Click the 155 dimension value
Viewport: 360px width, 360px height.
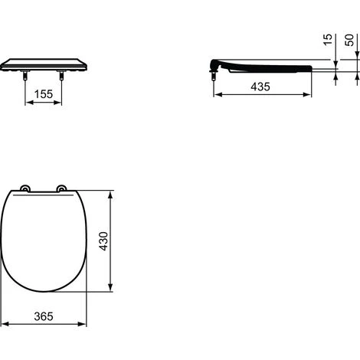pos(44,95)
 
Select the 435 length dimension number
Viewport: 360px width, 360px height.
pos(260,87)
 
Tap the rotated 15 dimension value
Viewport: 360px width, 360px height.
pos(327,40)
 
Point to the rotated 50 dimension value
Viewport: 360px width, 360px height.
pos(350,40)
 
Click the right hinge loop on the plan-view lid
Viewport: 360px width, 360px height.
pos(61,189)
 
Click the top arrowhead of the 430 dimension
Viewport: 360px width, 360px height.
pos(113,195)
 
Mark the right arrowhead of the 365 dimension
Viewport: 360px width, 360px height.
pos(83,324)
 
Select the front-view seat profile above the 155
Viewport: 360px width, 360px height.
pos(44,63)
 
